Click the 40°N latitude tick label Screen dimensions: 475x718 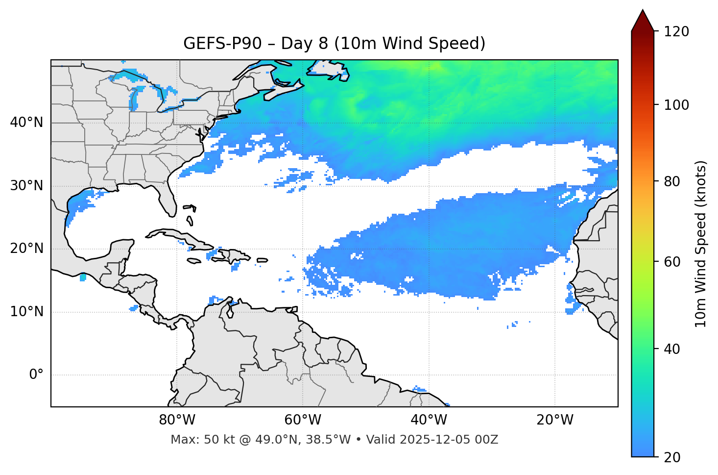26,123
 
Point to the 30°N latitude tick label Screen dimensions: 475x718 26,186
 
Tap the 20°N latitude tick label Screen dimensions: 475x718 26,249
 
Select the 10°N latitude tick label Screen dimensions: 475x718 26,312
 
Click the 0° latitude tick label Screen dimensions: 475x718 36,375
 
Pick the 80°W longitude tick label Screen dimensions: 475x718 177,420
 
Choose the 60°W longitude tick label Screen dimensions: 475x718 303,420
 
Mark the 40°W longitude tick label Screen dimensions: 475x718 429,420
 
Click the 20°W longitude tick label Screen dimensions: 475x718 554,420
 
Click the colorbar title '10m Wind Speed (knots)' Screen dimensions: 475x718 701,244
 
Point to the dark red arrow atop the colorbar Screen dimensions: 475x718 643,22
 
